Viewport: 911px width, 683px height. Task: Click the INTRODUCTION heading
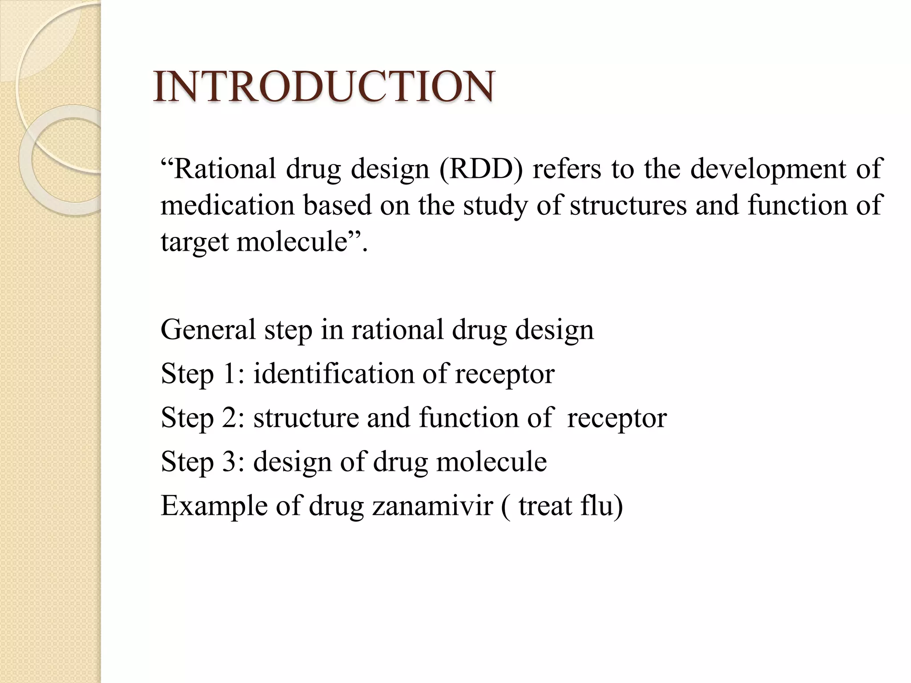point(323,86)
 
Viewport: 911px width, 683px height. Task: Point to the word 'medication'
point(227,205)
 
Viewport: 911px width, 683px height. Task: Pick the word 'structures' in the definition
point(628,205)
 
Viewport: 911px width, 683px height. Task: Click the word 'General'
point(208,330)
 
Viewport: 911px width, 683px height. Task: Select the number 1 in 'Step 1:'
point(230,374)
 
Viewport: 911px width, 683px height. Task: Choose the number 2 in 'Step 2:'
point(231,418)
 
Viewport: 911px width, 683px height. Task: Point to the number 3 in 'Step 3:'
point(231,462)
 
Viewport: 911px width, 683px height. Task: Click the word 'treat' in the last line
point(545,506)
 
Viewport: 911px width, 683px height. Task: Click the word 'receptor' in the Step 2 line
point(617,418)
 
